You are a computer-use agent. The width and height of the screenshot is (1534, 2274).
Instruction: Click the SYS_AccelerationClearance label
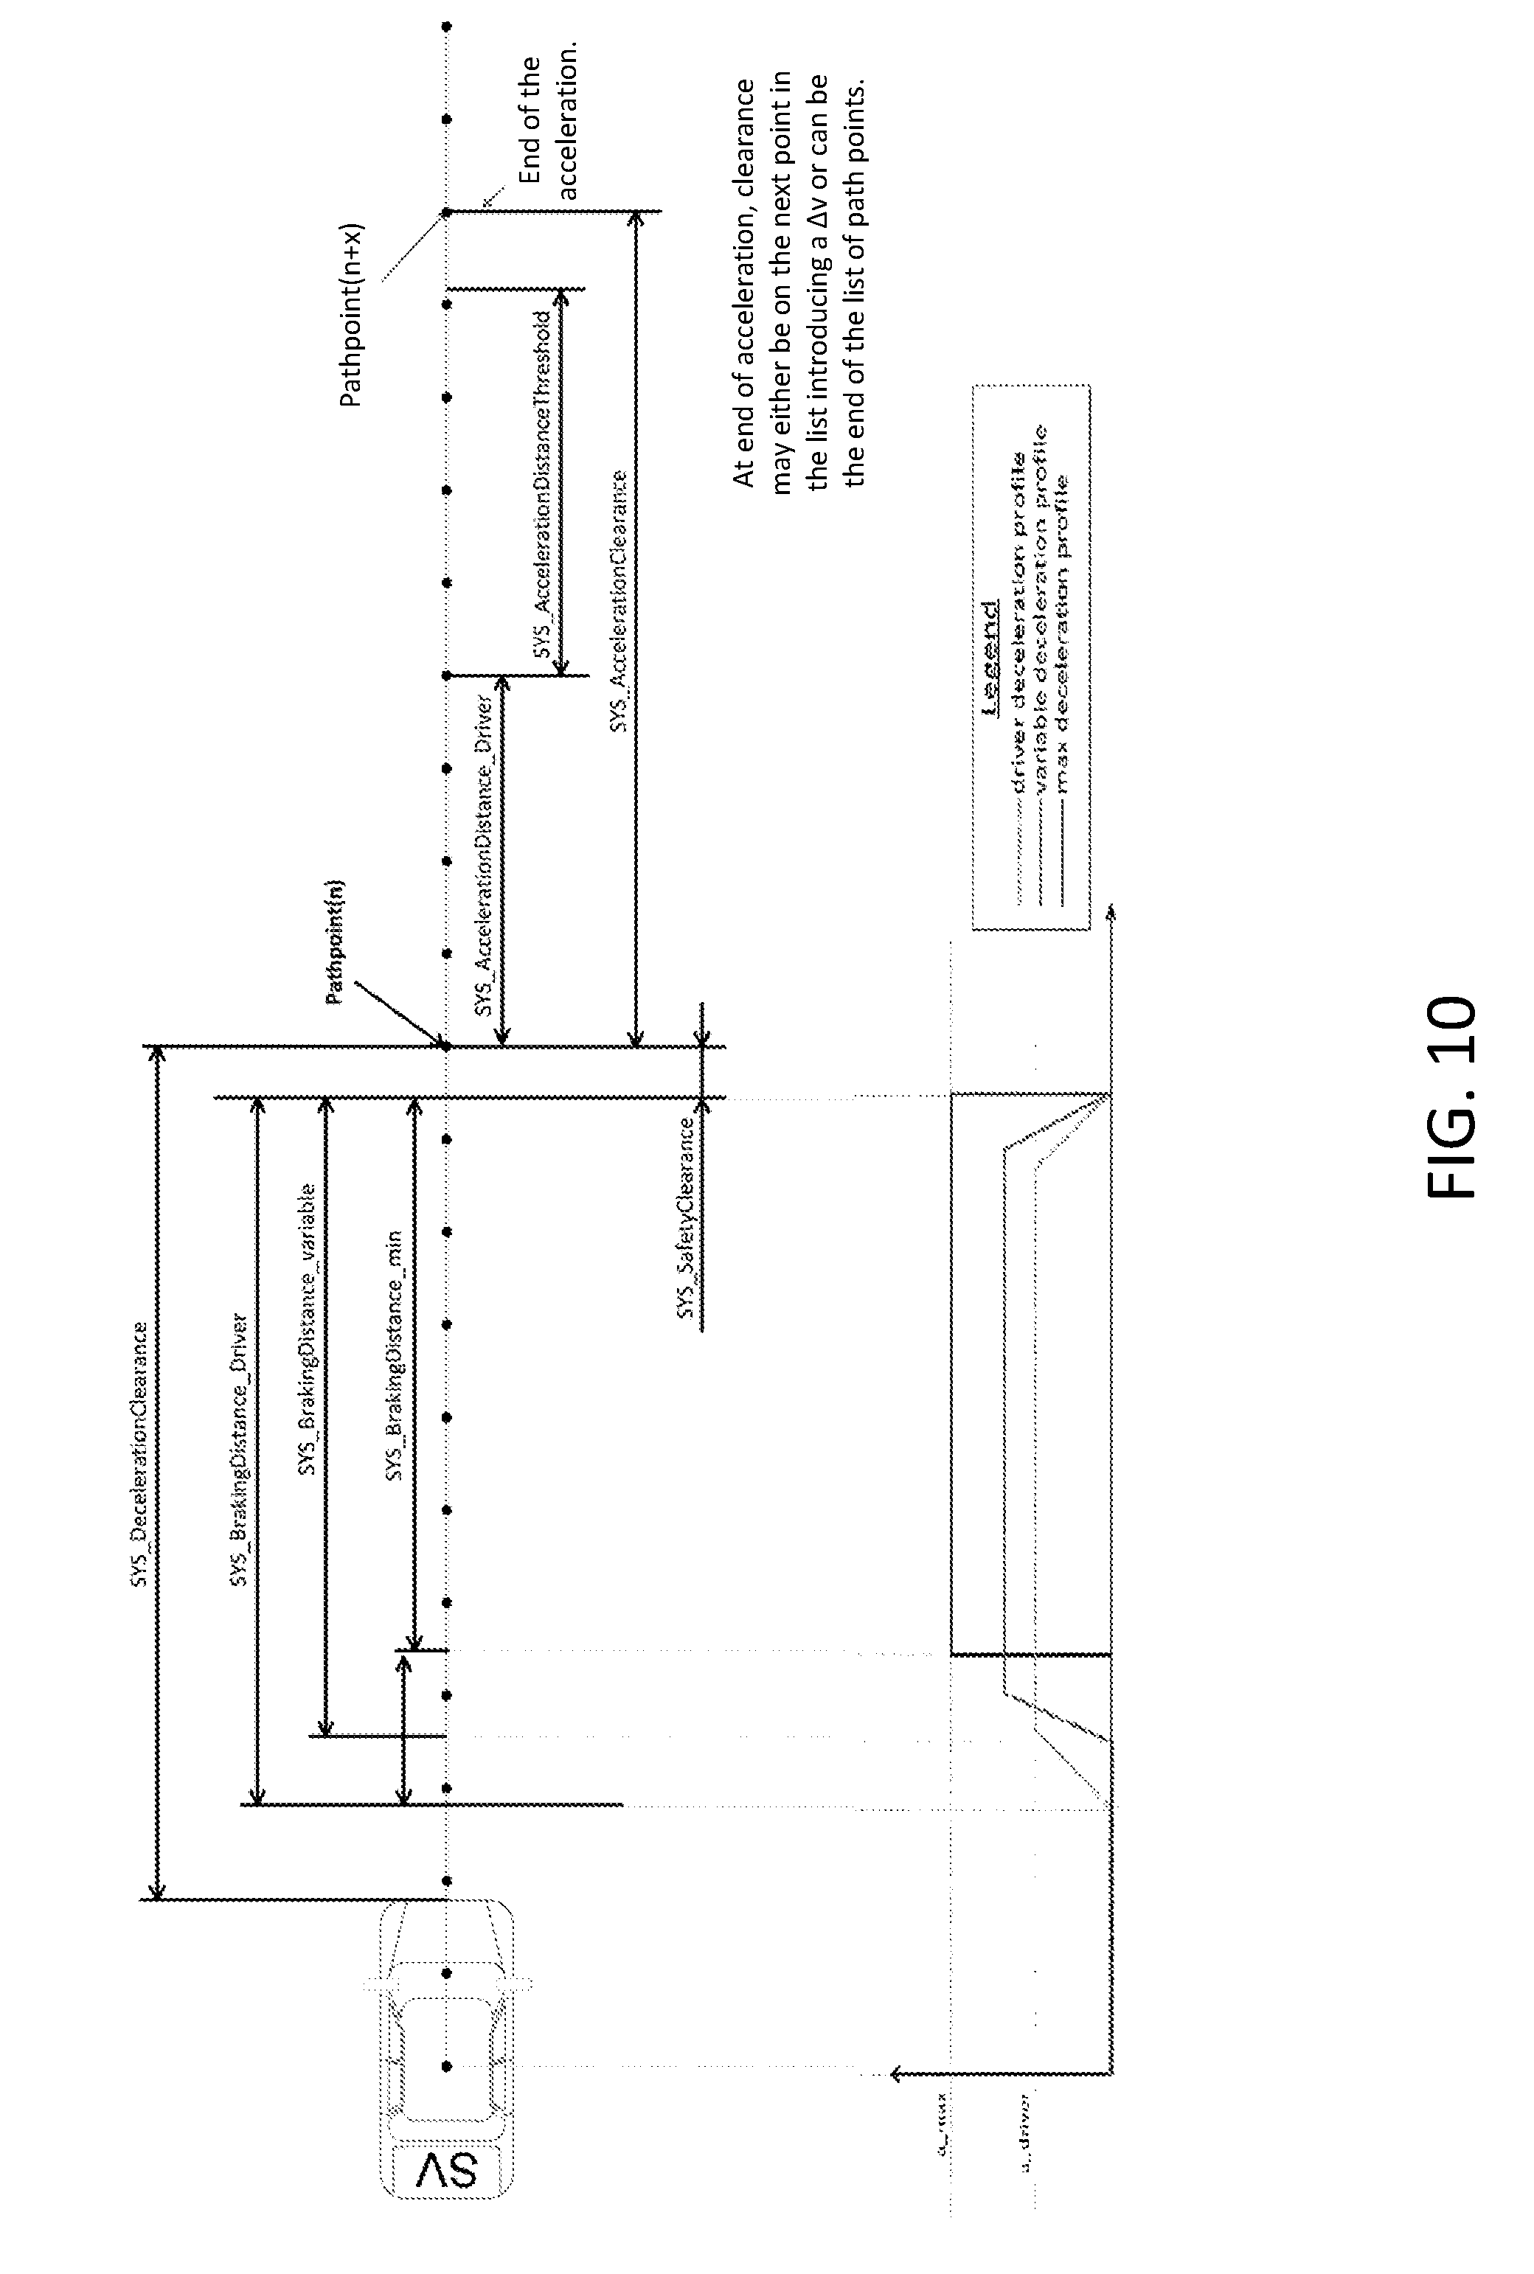(x=617, y=602)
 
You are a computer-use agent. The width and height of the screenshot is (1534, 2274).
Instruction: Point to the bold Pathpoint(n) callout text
(x=336, y=942)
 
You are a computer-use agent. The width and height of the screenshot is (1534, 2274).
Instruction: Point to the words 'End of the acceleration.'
(x=549, y=127)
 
